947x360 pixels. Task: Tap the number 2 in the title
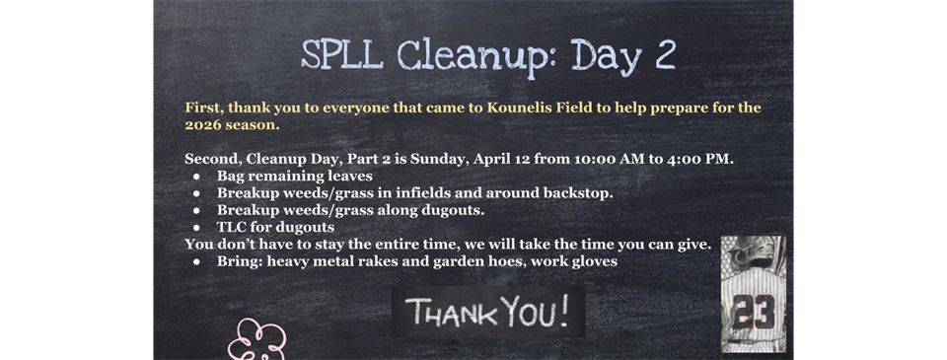(664, 55)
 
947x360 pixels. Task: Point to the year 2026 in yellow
(205, 125)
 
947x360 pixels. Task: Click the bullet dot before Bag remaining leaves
(196, 177)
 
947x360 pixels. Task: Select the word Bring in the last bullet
(239, 261)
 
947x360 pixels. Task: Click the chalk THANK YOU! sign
(488, 313)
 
